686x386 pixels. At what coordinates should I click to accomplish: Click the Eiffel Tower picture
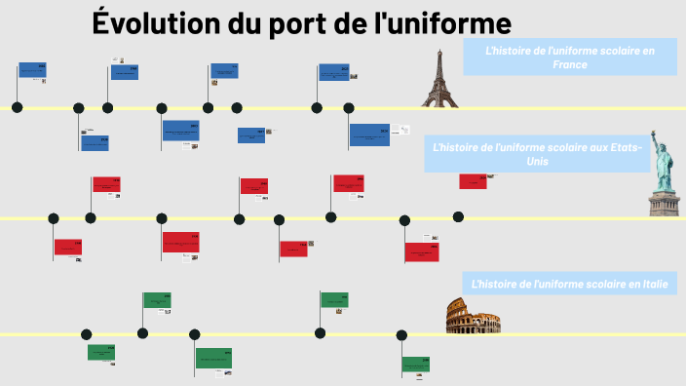438,77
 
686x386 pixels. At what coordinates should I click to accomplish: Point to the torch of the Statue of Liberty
654,134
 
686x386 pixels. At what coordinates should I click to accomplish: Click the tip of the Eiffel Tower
438,49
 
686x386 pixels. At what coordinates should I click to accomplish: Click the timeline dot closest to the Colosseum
401,334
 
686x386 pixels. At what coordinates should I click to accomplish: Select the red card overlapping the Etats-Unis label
473,180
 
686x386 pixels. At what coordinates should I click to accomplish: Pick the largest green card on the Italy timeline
213,358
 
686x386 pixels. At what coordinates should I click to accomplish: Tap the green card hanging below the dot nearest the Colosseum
416,365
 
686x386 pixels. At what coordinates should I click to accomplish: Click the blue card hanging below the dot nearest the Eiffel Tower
369,135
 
